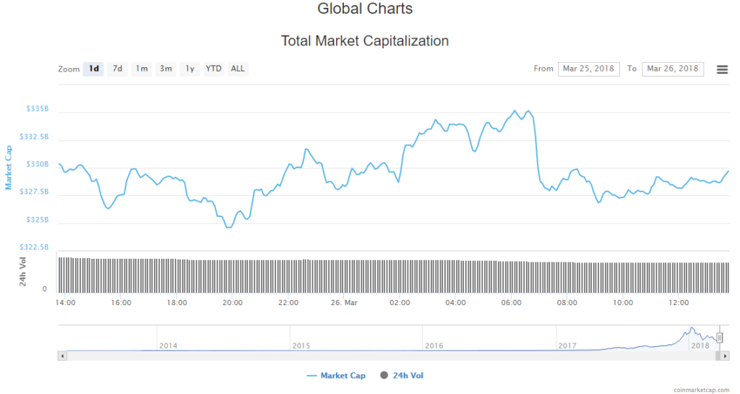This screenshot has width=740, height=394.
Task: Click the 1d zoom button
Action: coord(94,69)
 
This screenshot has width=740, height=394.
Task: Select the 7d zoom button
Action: coord(118,69)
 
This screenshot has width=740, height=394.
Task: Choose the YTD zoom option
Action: coord(213,69)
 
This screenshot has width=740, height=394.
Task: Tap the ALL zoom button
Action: coord(238,69)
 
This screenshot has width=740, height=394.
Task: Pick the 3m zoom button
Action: coord(166,69)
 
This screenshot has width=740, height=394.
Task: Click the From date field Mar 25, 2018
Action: coord(588,69)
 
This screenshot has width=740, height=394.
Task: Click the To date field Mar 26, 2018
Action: coord(673,69)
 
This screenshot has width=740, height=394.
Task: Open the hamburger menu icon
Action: coord(722,69)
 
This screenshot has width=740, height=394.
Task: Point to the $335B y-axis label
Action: coord(38,109)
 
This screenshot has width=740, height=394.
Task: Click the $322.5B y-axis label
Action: coord(35,247)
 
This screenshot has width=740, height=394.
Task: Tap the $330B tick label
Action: coord(38,165)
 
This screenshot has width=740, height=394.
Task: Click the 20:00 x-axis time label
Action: coord(232,302)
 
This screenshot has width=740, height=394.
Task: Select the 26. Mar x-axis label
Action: coord(343,302)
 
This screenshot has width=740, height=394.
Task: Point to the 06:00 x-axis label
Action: coord(511,302)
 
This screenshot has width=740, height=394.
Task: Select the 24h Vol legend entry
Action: coord(404,376)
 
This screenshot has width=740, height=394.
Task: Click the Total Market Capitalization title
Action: coord(365,41)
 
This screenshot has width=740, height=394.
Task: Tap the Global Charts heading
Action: coord(365,9)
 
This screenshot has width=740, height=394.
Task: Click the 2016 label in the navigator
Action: coord(434,346)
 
